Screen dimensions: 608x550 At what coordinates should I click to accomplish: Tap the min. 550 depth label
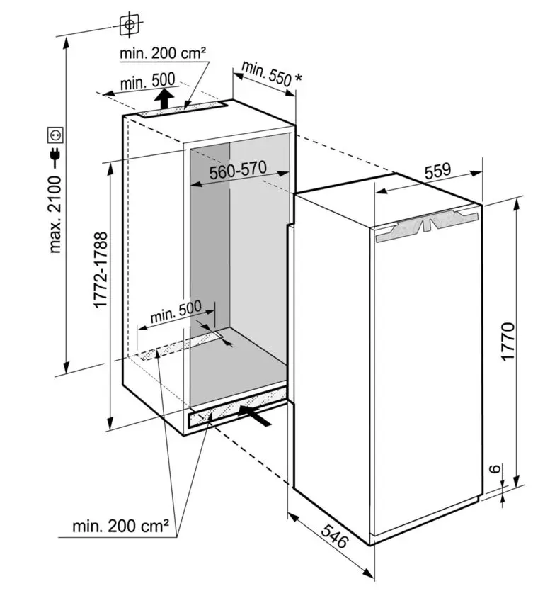[265, 73]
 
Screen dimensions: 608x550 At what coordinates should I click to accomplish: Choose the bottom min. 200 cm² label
[120, 527]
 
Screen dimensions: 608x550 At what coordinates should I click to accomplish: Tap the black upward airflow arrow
[164, 98]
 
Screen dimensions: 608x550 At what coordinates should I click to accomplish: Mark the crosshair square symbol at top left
[129, 24]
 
